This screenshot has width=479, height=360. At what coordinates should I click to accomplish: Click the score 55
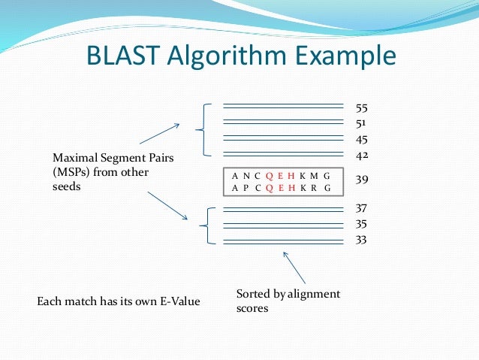(362, 108)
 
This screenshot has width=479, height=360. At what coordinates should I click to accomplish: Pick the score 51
(361, 123)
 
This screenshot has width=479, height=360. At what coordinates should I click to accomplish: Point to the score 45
(362, 140)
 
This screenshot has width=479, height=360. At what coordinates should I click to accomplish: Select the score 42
(362, 156)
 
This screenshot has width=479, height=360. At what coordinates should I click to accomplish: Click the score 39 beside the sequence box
(362, 180)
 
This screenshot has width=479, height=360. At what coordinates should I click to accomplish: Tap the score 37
(362, 207)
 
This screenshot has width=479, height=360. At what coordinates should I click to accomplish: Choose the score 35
(362, 224)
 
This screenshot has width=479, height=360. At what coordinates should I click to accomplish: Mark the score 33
(362, 241)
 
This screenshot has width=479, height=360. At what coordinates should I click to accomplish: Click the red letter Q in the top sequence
(269, 175)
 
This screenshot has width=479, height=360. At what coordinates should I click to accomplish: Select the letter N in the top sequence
(246, 175)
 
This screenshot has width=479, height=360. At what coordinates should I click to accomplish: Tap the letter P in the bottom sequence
(246, 188)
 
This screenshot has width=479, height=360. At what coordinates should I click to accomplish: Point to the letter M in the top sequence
(315, 175)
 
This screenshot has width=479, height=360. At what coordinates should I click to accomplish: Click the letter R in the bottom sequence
(315, 188)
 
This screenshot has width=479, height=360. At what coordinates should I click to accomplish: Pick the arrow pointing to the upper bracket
(159, 133)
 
